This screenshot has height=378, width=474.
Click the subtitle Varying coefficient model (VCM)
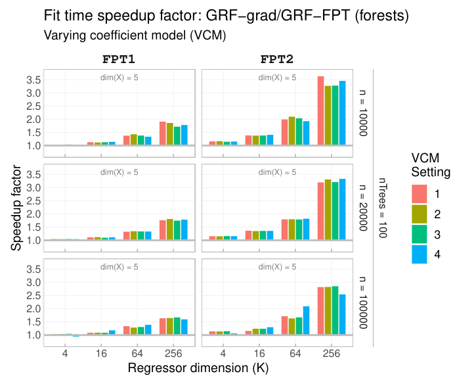135,35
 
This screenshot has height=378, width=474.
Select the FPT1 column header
119,59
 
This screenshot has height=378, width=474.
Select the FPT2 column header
278,59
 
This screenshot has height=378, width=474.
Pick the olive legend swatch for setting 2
420,214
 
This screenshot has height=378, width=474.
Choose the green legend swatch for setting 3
420,234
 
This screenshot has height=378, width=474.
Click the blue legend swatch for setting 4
420,254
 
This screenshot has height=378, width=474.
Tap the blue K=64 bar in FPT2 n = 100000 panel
306,320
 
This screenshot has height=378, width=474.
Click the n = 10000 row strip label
364,112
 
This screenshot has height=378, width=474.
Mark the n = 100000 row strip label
364,302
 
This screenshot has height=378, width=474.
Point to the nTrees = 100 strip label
383,207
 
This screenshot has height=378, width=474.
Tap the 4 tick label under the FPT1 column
65,353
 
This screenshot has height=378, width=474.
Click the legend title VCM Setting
430,166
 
